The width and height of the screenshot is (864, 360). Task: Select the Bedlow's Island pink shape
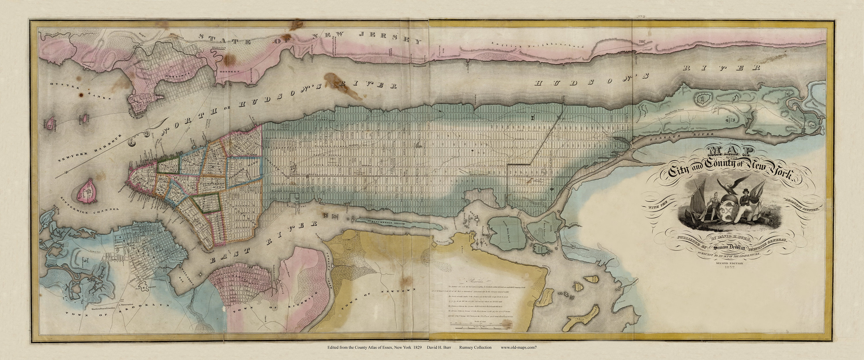pos(51,124)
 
